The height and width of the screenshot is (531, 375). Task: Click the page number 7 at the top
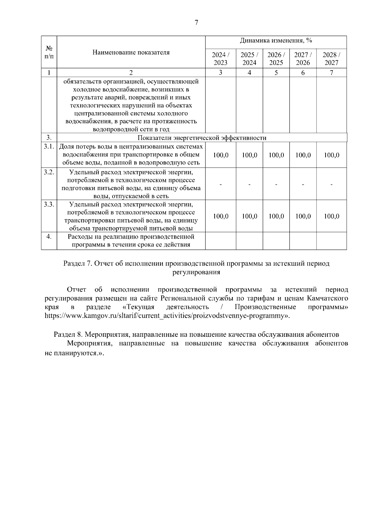click(196, 23)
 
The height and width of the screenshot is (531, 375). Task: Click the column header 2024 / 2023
click(221, 58)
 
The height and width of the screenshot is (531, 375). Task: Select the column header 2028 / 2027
click(332, 58)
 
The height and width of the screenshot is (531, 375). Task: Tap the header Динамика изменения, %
click(276, 41)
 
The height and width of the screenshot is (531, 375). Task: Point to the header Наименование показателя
click(131, 52)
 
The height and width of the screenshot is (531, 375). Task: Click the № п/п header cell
click(49, 52)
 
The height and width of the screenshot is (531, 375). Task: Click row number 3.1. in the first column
click(49, 146)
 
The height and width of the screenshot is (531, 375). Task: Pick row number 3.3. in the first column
click(49, 205)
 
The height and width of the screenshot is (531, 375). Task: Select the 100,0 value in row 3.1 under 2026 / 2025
click(276, 155)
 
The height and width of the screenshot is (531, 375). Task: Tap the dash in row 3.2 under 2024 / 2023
click(221, 185)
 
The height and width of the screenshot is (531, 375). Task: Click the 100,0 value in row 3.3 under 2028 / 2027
click(332, 216)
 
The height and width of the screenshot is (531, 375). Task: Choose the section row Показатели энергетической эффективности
click(202, 138)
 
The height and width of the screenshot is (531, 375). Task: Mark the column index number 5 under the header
click(276, 73)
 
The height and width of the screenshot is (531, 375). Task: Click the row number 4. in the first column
click(49, 237)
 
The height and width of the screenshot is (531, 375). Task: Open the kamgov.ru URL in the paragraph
click(167, 316)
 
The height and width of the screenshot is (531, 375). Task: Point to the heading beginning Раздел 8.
click(196, 334)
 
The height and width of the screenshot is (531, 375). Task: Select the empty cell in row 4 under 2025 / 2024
click(249, 241)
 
